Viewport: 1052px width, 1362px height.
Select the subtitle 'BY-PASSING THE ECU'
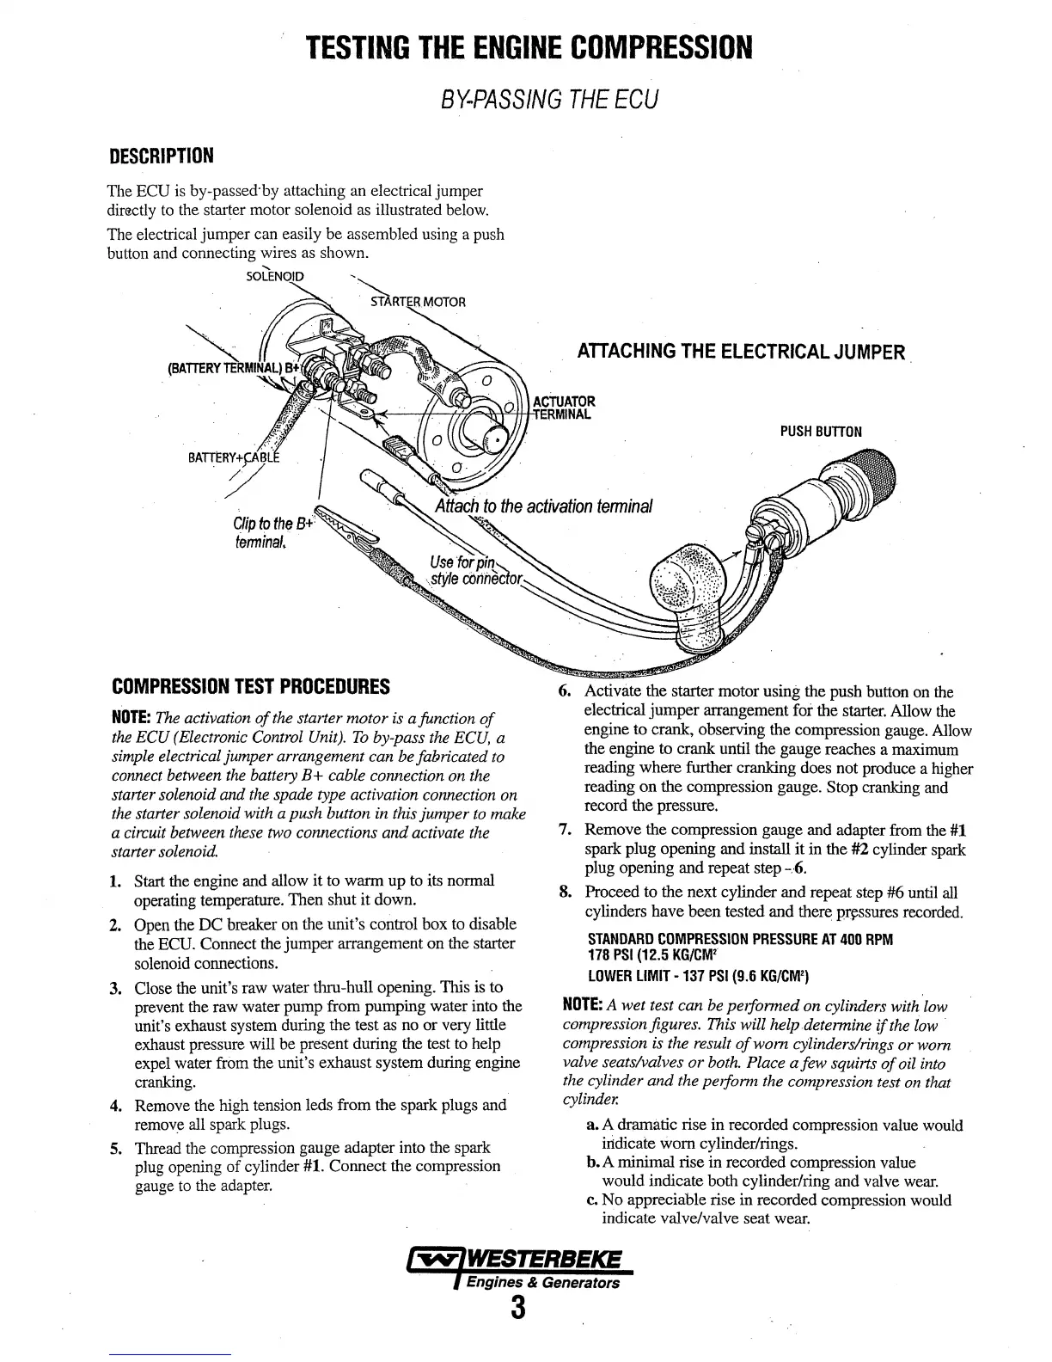[548, 99]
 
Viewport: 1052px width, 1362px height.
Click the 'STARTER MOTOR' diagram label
[418, 302]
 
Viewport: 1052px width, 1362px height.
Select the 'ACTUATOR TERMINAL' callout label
[564, 407]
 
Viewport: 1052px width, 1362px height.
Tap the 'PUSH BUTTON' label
[821, 432]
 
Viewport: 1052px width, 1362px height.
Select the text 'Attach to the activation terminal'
[544, 506]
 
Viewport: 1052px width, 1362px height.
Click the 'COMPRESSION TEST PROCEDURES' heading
[252, 687]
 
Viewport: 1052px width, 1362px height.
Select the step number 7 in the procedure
[565, 831]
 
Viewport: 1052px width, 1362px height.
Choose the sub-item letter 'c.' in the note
[592, 1200]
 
